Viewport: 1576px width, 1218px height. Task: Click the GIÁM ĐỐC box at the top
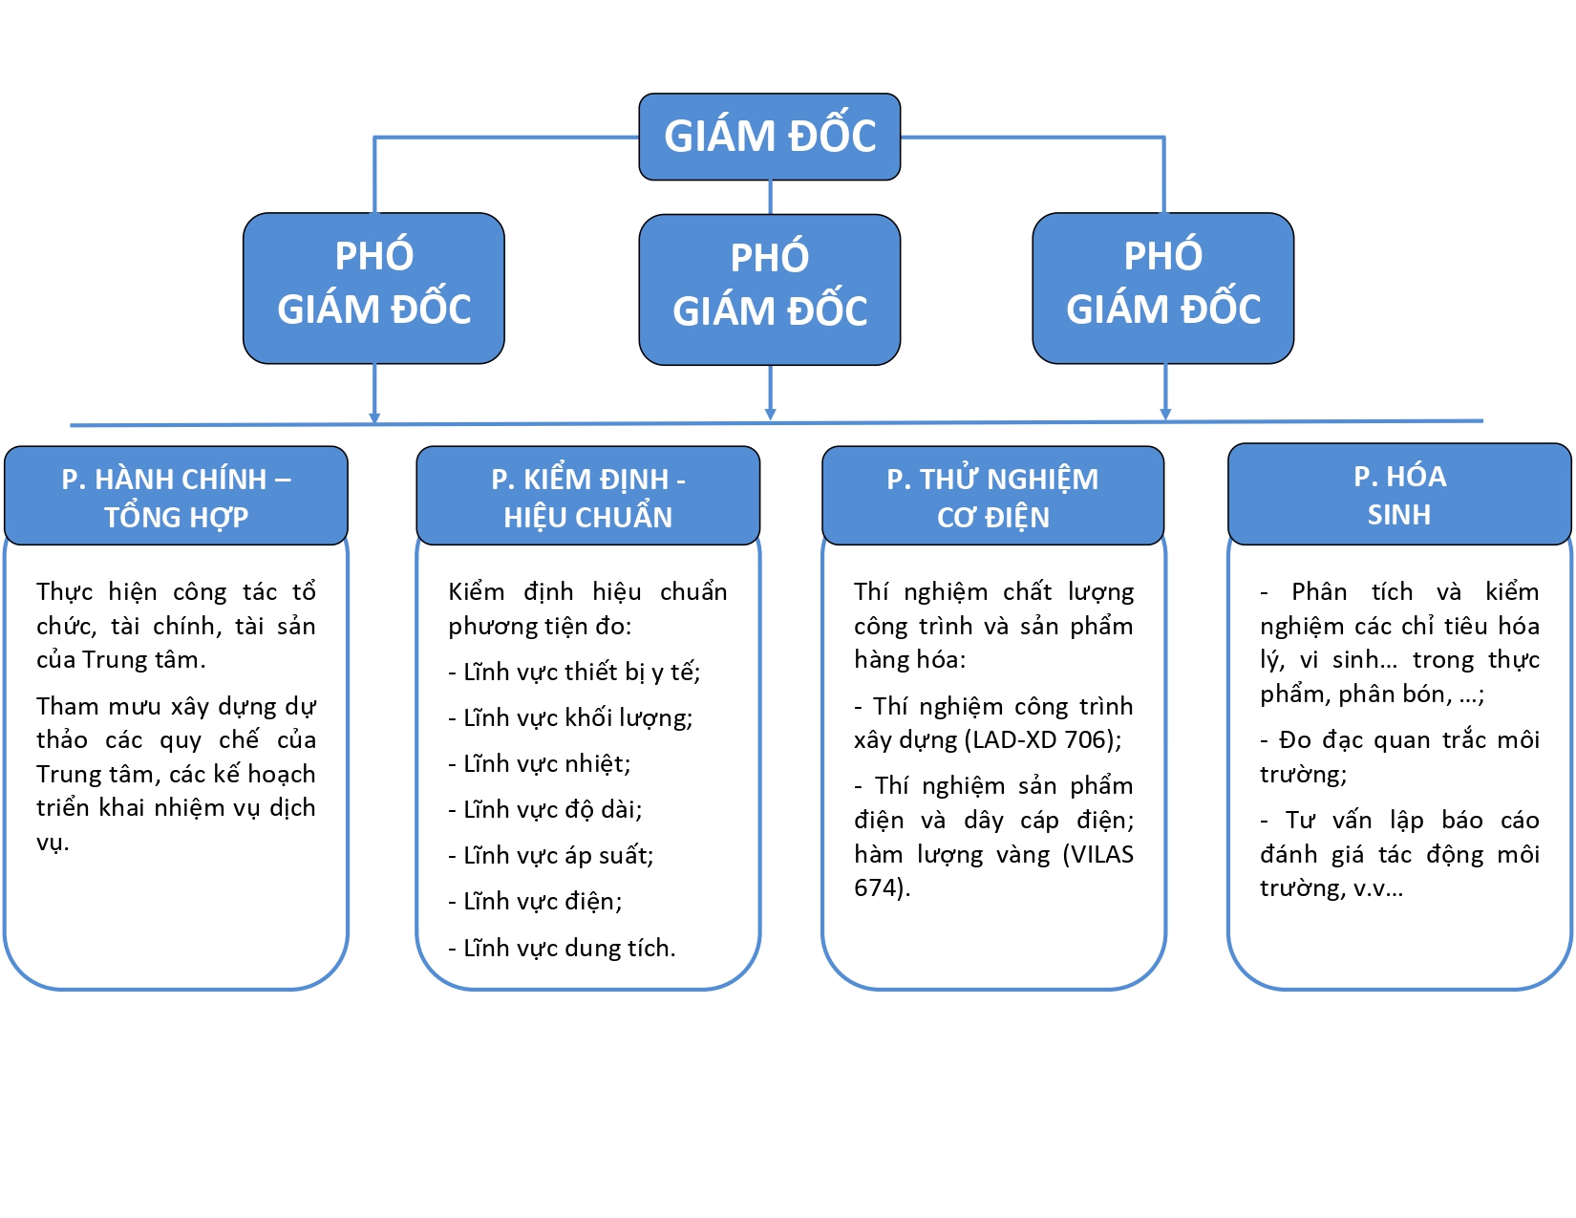770,137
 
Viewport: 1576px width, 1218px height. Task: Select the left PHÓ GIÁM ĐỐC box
373,288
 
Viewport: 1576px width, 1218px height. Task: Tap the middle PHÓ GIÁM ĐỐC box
770,289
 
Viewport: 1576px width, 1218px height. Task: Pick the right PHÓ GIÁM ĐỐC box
1163,288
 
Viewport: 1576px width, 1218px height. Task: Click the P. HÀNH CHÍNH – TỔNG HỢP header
176,497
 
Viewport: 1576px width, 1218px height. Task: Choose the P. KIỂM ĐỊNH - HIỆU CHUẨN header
588,497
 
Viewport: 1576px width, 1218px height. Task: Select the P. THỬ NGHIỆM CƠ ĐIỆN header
993,497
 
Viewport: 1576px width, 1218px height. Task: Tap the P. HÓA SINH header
1399,495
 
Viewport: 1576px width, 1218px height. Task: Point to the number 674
877,888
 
